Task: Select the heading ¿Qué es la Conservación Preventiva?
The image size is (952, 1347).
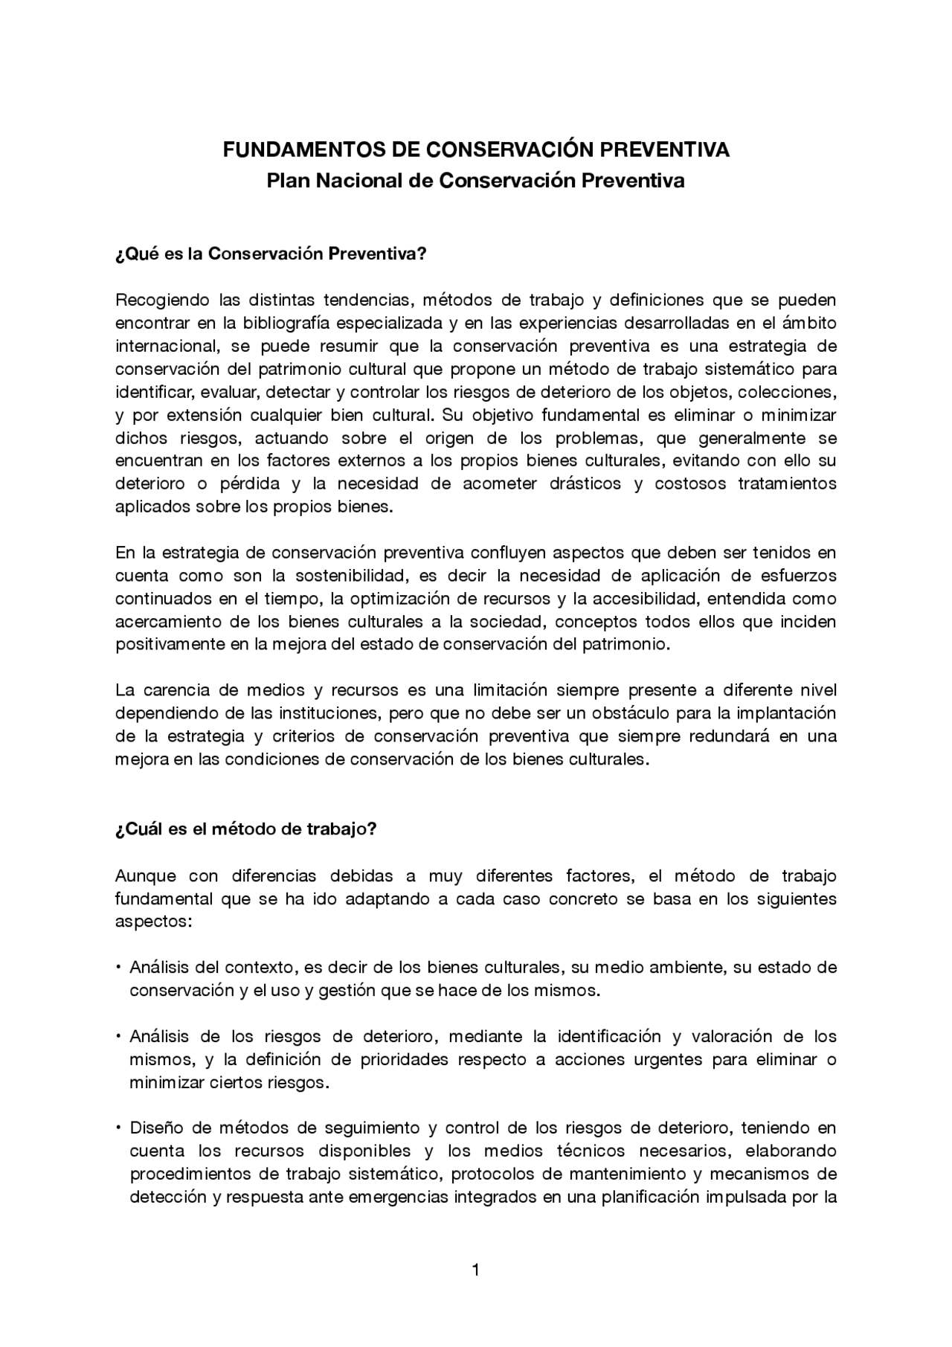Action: point(271,254)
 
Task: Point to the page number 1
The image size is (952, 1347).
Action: point(476,1270)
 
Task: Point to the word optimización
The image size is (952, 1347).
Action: point(399,599)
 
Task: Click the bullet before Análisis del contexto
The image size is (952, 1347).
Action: point(118,968)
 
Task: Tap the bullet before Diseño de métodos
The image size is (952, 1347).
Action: point(118,1128)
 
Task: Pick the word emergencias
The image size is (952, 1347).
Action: point(400,1197)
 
